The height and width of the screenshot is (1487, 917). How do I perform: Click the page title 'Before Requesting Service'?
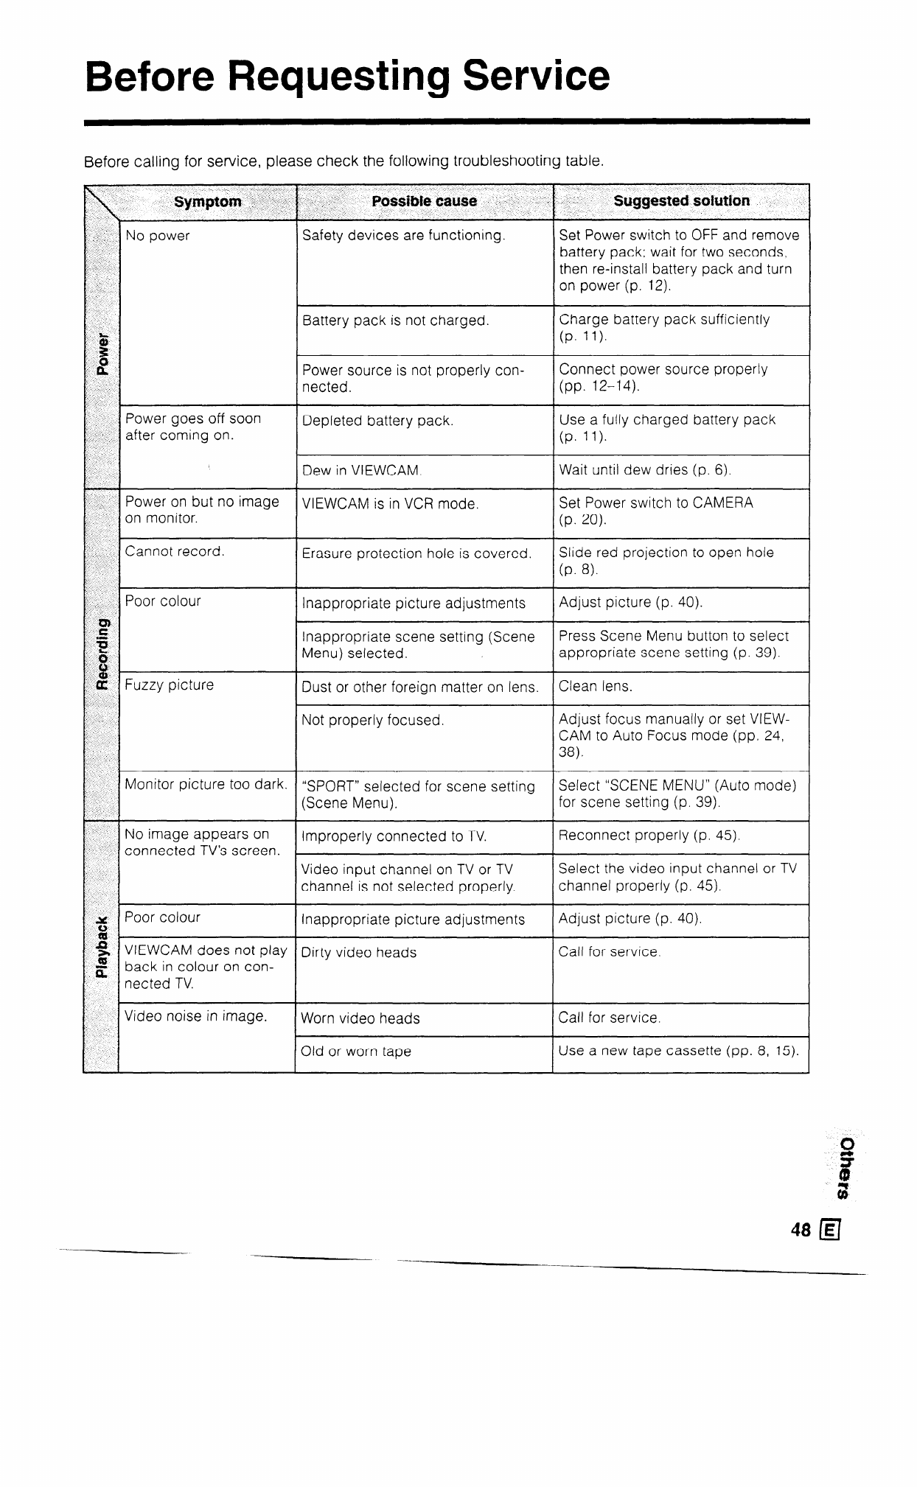pos(347,76)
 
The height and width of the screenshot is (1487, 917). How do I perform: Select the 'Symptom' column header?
pos(207,202)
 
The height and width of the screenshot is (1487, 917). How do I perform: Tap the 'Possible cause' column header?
pos(424,201)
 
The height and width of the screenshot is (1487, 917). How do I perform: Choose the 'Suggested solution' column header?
pos(681,201)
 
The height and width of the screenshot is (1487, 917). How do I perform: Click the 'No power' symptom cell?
pos(158,236)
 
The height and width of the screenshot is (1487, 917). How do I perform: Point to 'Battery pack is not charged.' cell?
pos(396,321)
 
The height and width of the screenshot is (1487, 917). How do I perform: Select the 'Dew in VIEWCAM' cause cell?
pos(360,471)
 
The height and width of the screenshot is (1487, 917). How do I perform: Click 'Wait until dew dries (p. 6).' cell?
pos(644,470)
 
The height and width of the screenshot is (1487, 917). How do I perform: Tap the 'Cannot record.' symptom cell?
pos(175,551)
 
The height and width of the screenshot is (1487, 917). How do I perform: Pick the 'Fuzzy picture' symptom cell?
pos(170,685)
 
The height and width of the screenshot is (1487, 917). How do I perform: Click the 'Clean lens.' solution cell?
pos(596,687)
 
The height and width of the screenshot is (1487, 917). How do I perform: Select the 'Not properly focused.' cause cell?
pos(372,720)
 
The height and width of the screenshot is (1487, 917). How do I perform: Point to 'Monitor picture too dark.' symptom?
pos(206,784)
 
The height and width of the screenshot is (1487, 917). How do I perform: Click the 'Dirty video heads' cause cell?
pos(359,953)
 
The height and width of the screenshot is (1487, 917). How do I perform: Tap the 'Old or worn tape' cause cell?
pos(355,1052)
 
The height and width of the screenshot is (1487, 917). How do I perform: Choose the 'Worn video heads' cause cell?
pos(360,1018)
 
